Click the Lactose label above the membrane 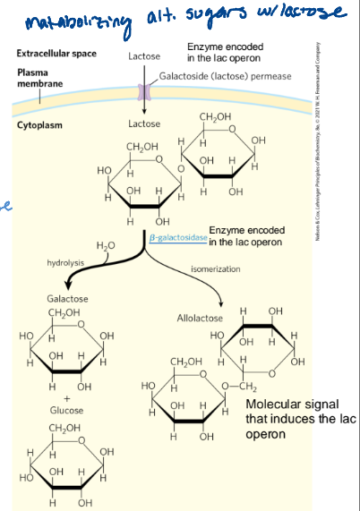[x=144, y=55]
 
